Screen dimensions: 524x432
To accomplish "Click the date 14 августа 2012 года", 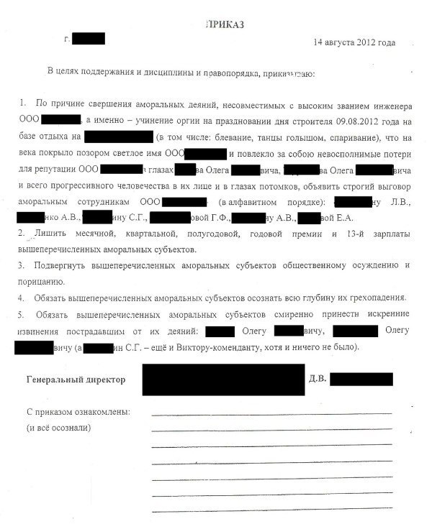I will pos(354,42).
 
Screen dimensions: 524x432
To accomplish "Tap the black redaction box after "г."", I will pos(89,38).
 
